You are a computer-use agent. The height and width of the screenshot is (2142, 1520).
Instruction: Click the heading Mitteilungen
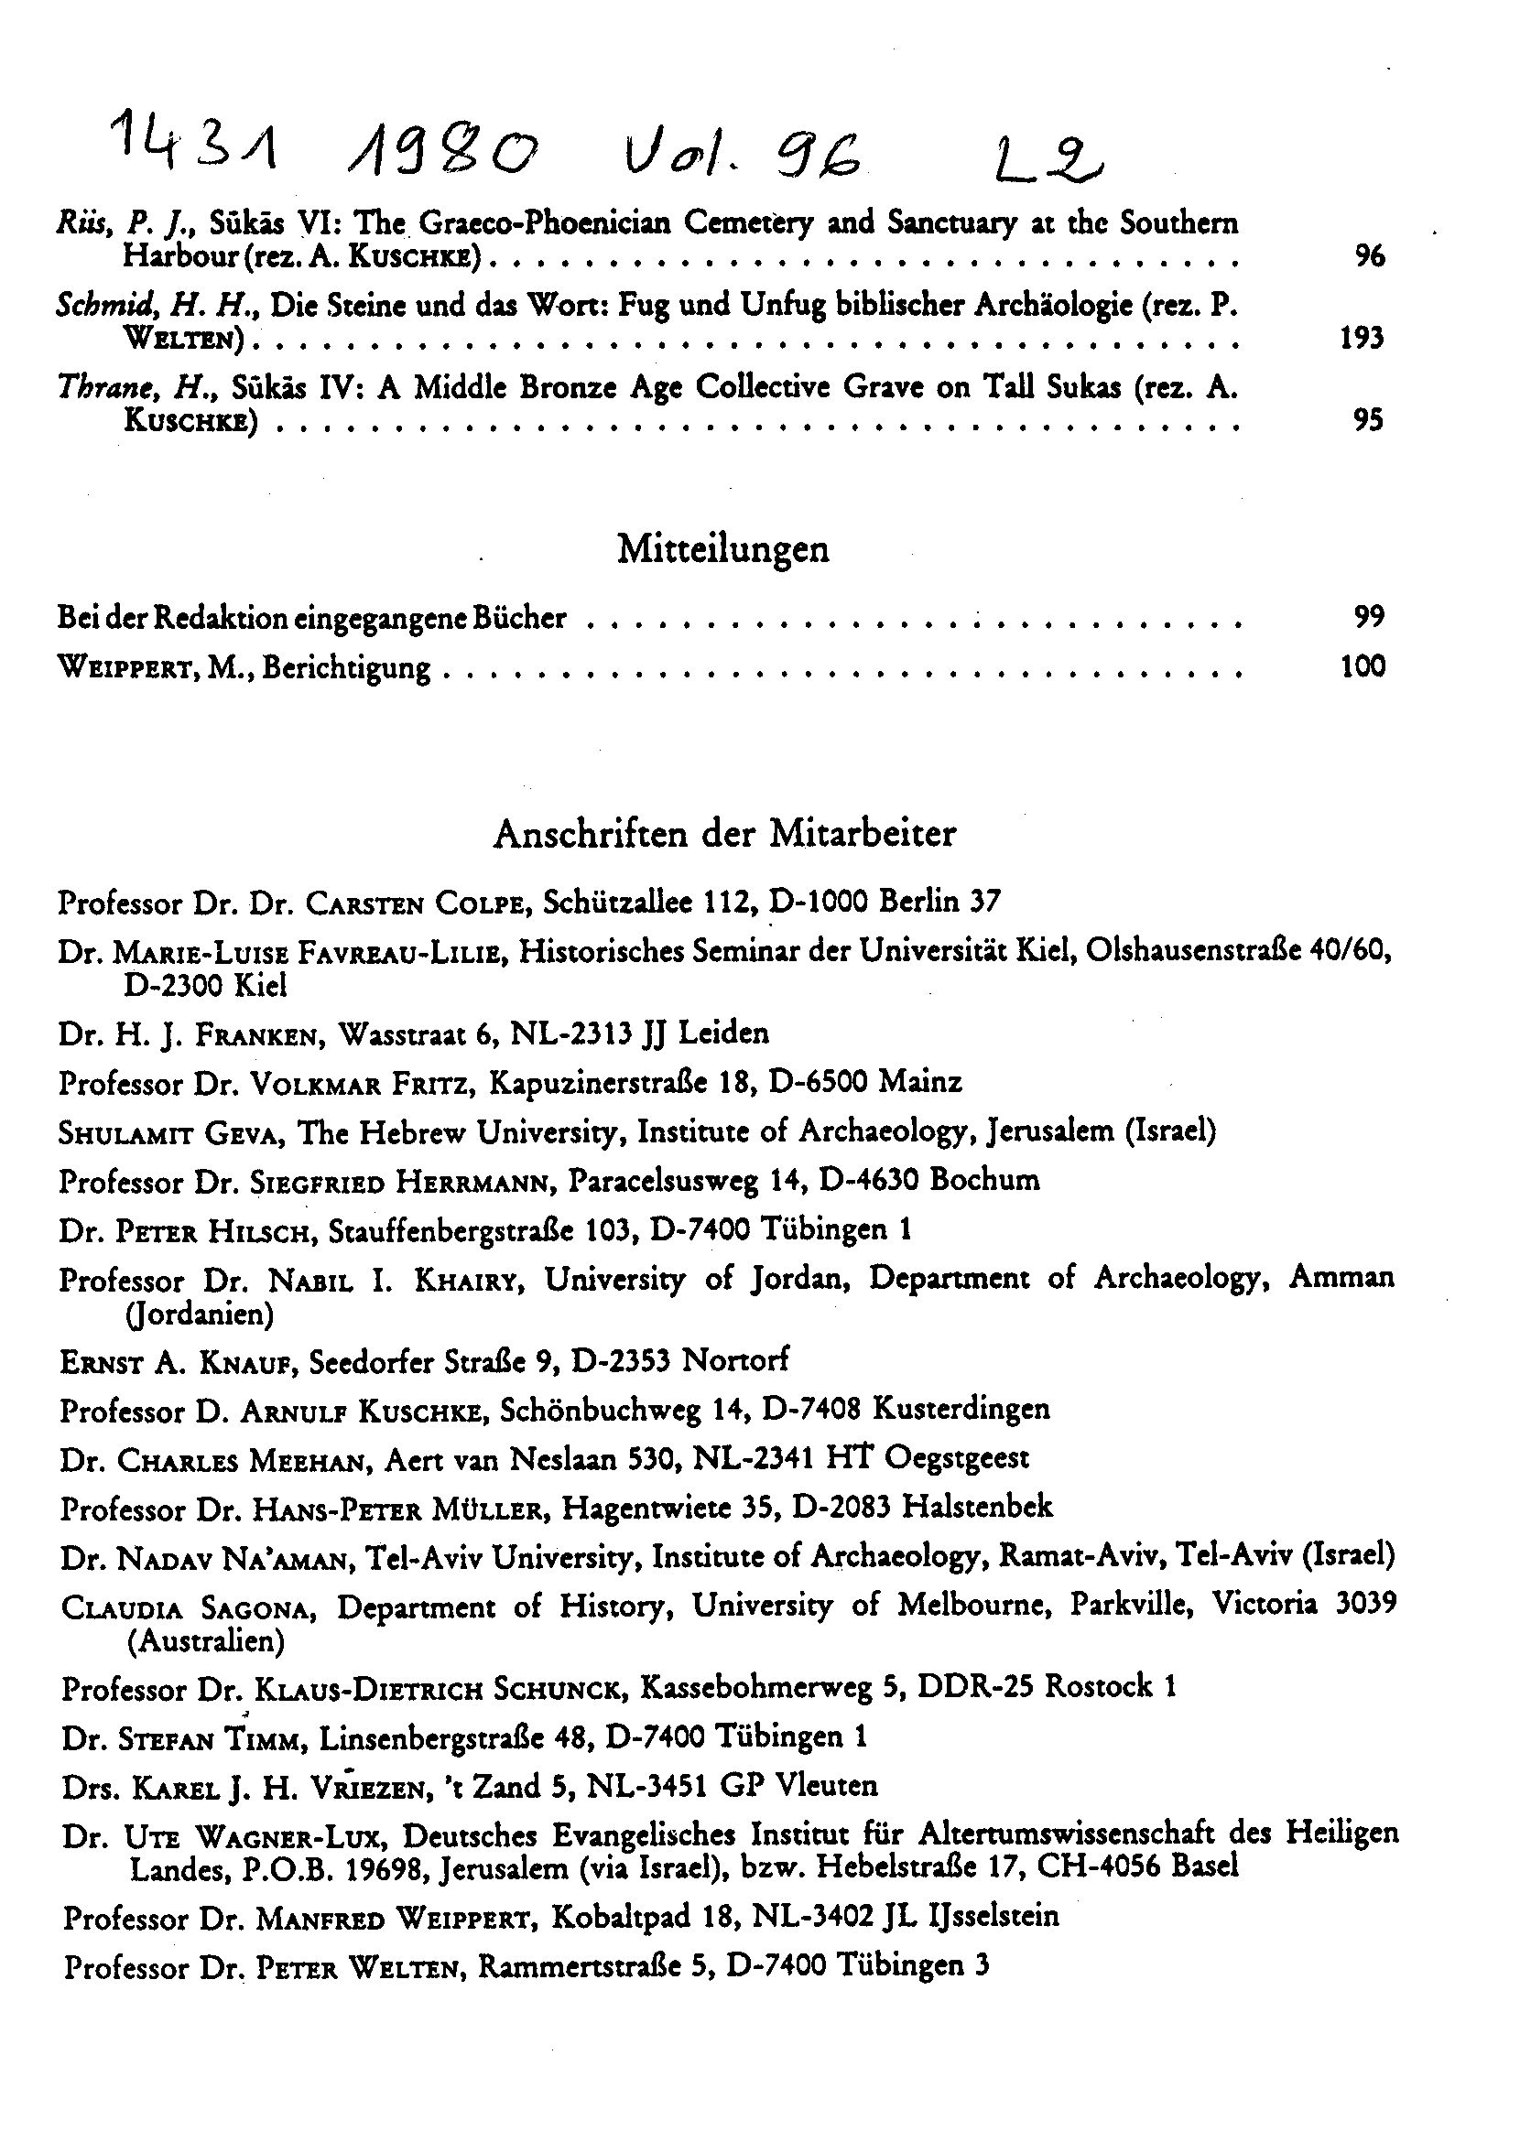coord(722,549)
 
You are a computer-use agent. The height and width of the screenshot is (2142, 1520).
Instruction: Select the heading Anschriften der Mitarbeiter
coord(724,834)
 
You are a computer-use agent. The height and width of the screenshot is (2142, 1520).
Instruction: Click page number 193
coord(1362,338)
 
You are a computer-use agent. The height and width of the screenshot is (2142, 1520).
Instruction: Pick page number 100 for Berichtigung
coord(1362,667)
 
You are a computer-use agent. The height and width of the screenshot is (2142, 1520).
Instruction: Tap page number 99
coord(1368,617)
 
